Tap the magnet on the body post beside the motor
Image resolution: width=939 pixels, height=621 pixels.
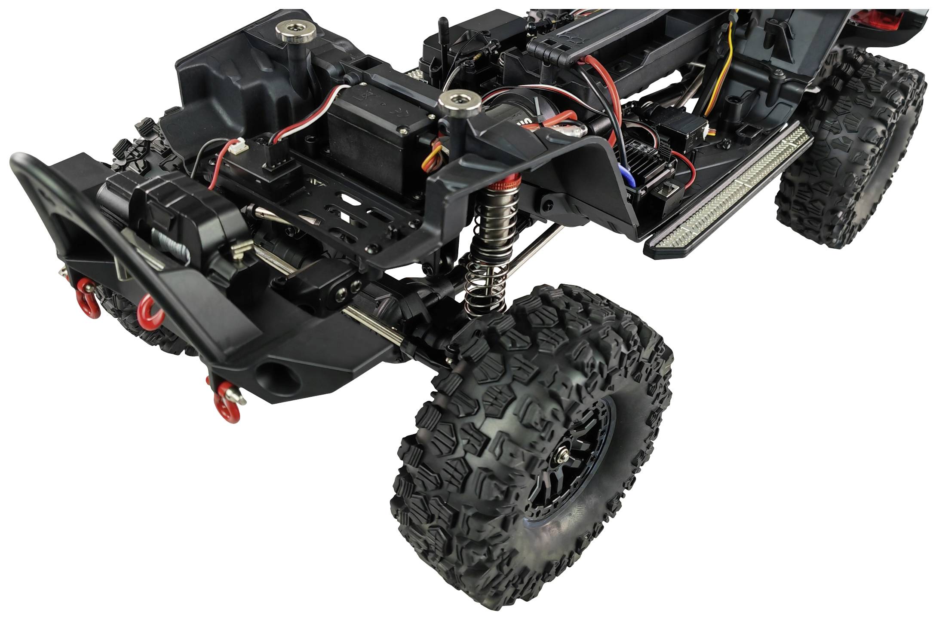coord(458,101)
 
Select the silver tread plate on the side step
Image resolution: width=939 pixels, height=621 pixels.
coord(727,194)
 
